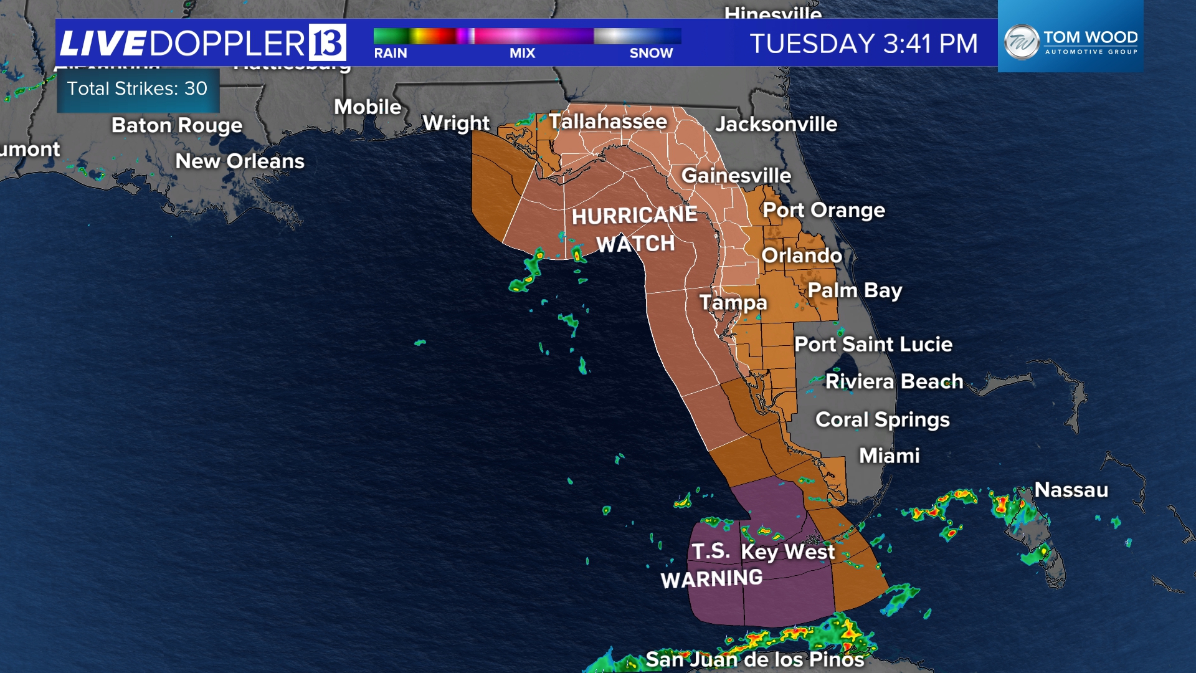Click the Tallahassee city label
[x=607, y=121]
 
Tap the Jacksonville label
[x=776, y=124]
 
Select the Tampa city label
[x=733, y=302]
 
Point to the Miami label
[x=889, y=456]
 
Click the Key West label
[x=787, y=551]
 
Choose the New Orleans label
[x=240, y=161]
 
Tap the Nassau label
[x=1071, y=490]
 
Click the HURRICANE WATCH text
[x=635, y=229]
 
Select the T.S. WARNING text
[x=711, y=566]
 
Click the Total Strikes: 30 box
[x=138, y=89]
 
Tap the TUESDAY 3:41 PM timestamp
[x=863, y=44]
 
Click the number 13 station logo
[x=327, y=42]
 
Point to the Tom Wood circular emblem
[x=1021, y=42]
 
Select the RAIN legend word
[x=391, y=54]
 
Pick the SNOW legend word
[x=651, y=54]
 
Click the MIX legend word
[x=522, y=54]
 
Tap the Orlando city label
[x=801, y=255]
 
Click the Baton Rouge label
[x=177, y=125]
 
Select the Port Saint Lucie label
[x=873, y=344]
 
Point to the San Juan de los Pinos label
[x=754, y=659]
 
